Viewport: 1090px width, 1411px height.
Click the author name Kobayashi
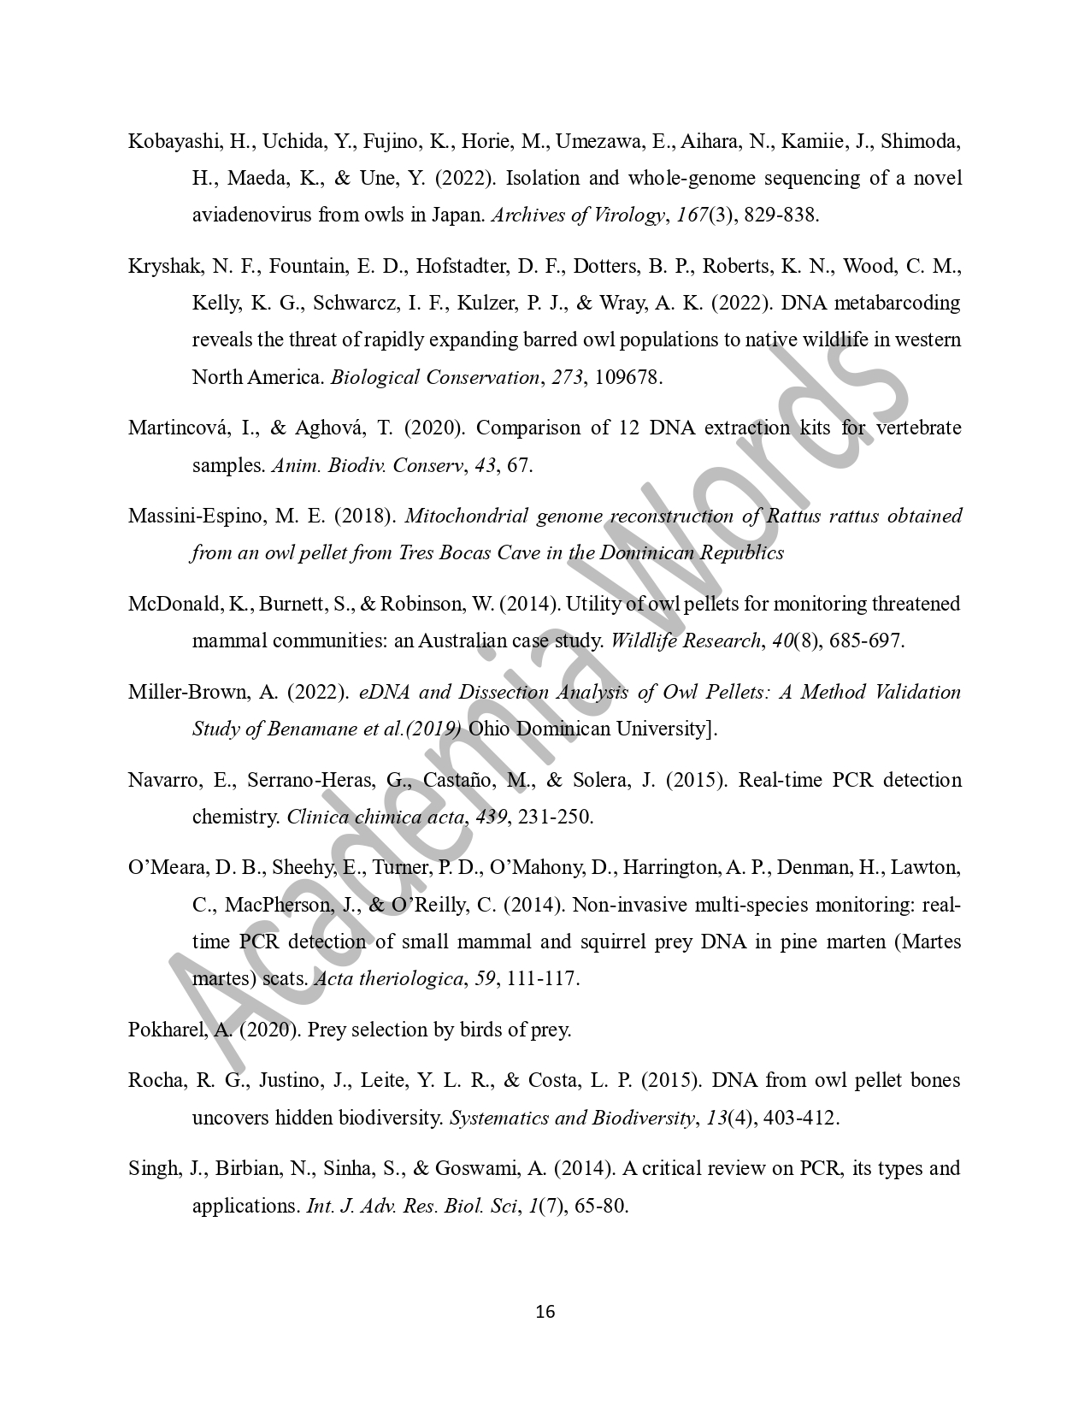coord(169,142)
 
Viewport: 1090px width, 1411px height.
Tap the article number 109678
coord(627,377)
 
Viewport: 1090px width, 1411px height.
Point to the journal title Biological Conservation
coord(435,377)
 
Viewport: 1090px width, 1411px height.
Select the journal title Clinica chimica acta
coord(376,817)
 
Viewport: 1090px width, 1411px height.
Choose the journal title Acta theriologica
coord(388,979)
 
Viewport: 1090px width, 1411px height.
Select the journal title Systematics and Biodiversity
coord(570,1119)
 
